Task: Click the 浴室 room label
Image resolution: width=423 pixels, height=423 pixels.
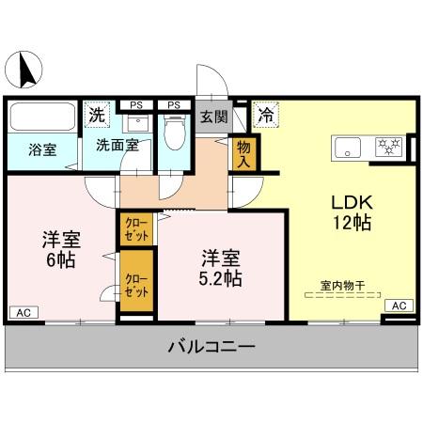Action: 40,149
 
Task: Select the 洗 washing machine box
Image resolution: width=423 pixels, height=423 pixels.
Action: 97,116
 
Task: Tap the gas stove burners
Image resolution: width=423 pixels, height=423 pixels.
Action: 388,147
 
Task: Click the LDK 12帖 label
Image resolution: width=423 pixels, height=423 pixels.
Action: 350,212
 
